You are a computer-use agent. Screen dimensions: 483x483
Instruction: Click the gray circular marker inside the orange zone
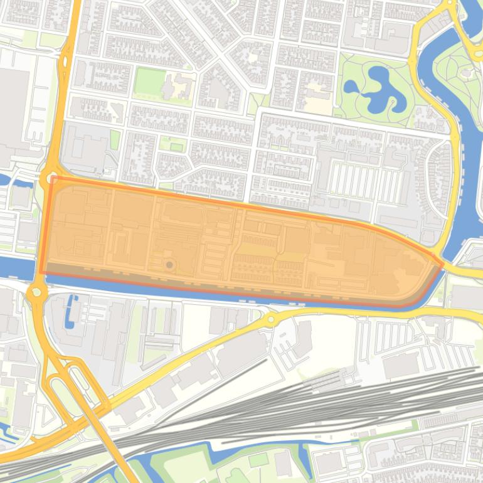click(x=169, y=265)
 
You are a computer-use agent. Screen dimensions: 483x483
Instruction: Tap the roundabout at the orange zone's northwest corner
click(x=48, y=179)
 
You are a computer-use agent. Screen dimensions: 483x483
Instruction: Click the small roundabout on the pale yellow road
click(x=270, y=319)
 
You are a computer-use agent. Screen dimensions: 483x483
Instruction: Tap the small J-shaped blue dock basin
click(x=71, y=307)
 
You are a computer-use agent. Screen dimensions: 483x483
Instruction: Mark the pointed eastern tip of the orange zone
click(x=443, y=264)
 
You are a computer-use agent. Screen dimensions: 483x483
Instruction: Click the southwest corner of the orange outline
click(x=41, y=273)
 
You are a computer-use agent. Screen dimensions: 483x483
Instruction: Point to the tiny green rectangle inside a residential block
click(x=177, y=147)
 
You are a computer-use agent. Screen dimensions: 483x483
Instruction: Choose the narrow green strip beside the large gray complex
click(x=115, y=139)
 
